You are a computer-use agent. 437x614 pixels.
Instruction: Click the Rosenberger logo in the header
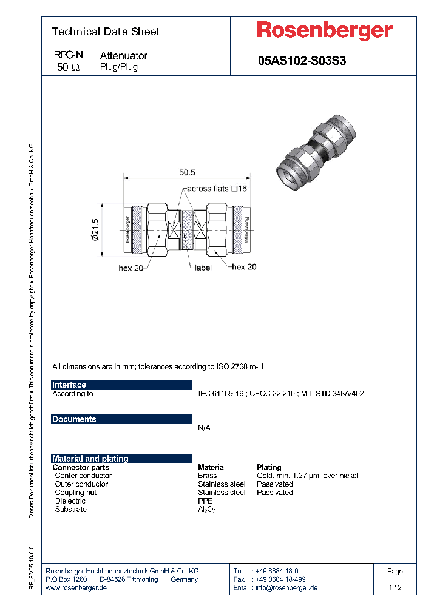click(x=324, y=30)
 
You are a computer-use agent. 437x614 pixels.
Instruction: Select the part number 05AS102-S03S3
click(x=302, y=61)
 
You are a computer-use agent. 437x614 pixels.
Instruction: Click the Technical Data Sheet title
click(x=106, y=32)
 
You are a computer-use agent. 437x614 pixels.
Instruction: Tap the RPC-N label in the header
click(x=67, y=55)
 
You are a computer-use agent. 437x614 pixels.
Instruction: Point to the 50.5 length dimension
click(x=187, y=173)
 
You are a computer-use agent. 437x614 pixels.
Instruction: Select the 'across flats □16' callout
click(x=217, y=189)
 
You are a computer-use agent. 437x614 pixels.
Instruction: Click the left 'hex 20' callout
click(x=130, y=268)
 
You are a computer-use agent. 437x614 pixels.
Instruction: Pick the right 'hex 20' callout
click(x=244, y=267)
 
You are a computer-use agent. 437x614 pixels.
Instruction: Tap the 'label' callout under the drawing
click(x=203, y=268)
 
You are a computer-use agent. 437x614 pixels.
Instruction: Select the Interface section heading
click(x=69, y=385)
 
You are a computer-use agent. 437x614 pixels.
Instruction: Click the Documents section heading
click(x=74, y=419)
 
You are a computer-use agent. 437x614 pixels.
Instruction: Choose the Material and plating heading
click(x=90, y=459)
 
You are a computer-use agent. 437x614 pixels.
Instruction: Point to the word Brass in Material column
click(x=208, y=476)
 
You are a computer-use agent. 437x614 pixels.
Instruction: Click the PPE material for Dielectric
click(x=205, y=501)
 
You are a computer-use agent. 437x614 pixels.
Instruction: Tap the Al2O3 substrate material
click(x=206, y=510)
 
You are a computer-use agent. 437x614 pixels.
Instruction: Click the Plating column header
click(x=269, y=467)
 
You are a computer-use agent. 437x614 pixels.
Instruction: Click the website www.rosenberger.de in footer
click(x=76, y=587)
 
